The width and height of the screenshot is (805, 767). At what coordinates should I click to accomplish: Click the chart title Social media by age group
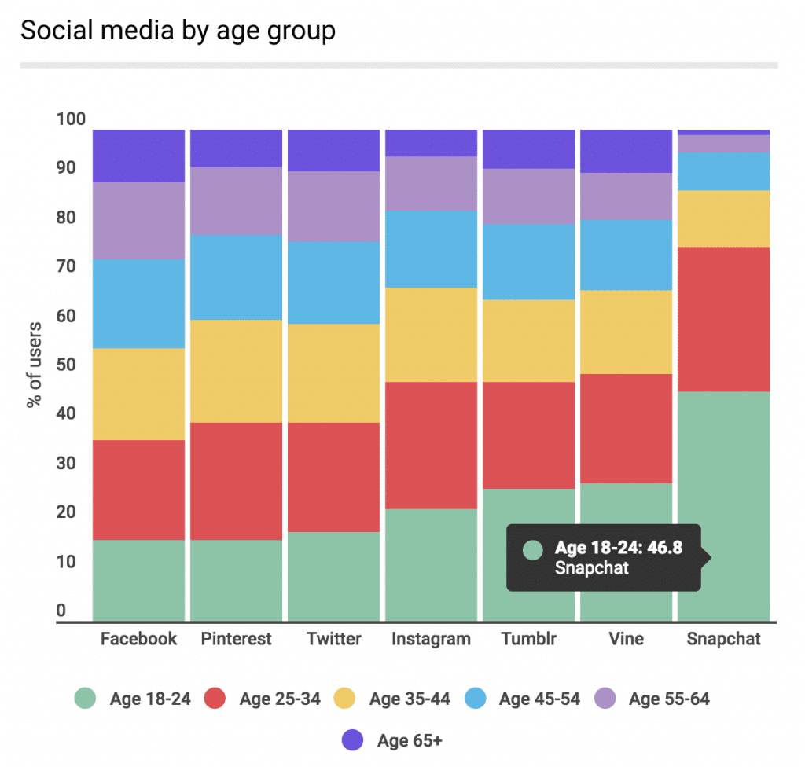pos(178,31)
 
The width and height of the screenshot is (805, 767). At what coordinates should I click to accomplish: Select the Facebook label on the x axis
pos(139,638)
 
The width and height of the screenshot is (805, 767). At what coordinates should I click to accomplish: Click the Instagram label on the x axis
pos(431,638)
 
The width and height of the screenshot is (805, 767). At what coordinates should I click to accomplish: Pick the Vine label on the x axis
pos(626,638)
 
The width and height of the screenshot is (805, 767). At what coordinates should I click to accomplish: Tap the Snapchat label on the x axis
pos(723,638)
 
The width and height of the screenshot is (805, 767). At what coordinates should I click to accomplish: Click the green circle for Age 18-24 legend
pos(85,699)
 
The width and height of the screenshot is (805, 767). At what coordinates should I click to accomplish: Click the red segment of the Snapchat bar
pos(723,319)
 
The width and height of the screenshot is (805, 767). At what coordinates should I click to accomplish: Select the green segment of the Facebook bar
pos(139,580)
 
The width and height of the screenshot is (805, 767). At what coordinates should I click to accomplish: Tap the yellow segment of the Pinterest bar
pos(236,371)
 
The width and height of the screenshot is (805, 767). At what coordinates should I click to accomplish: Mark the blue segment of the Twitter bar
pos(333,282)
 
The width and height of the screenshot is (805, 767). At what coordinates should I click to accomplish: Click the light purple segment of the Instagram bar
pos(431,183)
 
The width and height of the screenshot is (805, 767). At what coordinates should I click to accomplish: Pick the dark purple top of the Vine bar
pos(626,151)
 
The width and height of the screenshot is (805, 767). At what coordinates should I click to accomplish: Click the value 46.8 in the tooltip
pos(667,548)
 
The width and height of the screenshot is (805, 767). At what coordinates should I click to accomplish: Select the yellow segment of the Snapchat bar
pos(723,218)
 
